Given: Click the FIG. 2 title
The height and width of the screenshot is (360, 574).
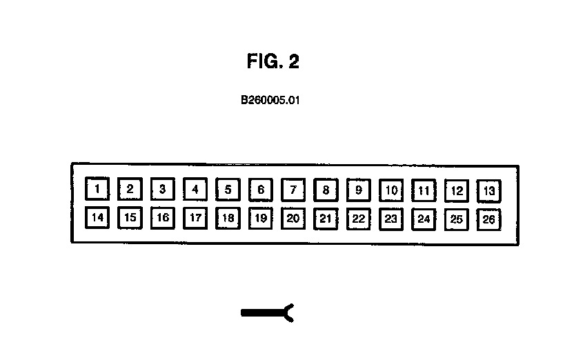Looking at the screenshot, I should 273,62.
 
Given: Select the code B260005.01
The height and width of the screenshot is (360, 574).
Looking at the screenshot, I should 270,100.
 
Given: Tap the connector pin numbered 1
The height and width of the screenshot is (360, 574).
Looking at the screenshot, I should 97,188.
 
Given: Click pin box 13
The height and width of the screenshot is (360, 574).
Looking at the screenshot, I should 489,190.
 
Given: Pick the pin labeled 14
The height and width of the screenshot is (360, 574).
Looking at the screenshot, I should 97,218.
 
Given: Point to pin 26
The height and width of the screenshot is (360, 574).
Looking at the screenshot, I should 489,219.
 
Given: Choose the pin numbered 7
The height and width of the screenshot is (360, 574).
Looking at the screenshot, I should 293,189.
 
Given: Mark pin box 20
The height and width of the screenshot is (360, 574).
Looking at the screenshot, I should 293,218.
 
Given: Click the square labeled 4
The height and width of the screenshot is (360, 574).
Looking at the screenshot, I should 195,188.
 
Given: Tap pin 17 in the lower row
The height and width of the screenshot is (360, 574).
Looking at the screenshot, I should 195,218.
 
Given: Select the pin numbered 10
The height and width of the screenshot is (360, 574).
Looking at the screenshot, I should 391,190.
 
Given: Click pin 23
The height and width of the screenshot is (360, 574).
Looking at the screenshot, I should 391,219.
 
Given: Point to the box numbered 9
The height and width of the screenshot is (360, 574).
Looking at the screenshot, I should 359,189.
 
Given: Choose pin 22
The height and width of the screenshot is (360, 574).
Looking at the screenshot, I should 359,219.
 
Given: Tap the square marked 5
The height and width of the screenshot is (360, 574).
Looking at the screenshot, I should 228,188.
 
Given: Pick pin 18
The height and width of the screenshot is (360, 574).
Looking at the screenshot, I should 228,218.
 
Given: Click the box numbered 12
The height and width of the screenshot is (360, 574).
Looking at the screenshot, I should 457,190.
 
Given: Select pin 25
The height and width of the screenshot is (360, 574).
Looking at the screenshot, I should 457,219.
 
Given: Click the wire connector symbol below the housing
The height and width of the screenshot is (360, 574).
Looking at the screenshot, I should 268,313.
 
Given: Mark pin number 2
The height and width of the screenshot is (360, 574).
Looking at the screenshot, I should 130,188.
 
